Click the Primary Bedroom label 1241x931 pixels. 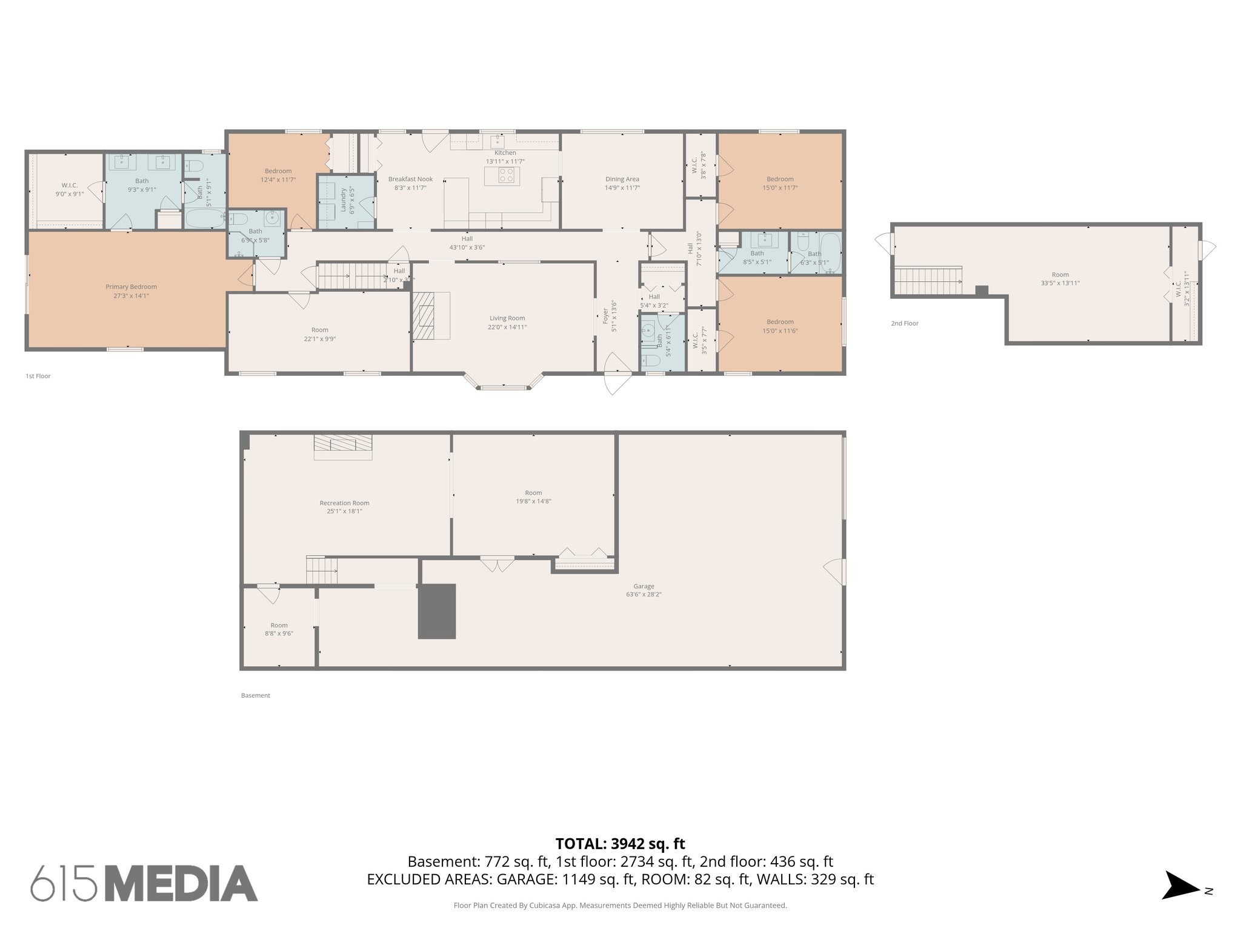131,287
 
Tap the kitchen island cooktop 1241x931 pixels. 507,175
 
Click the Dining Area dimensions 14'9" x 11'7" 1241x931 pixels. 622,188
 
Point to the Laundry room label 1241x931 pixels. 344,199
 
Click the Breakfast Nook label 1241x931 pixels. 410,179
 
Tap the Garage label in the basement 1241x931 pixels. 644,586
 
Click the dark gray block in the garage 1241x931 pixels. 437,611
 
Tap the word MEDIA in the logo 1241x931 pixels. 182,884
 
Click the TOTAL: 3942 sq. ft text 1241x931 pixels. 620,844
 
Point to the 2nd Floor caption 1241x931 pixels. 904,324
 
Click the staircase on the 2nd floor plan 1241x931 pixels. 927,282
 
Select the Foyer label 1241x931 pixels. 605,315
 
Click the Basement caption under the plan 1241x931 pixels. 255,695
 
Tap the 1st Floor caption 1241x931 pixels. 38,376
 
